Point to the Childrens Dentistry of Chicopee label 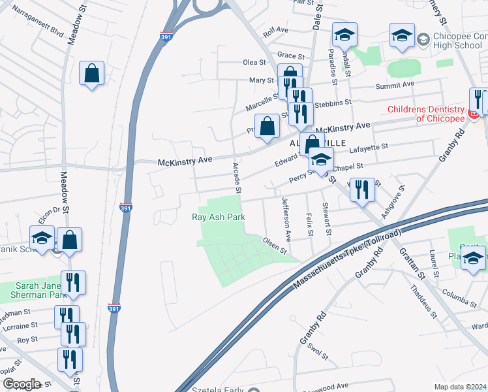425,114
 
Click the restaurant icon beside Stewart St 362,191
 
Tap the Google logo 22,384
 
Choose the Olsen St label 275,245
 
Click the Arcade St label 236,178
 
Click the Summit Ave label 395,86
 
